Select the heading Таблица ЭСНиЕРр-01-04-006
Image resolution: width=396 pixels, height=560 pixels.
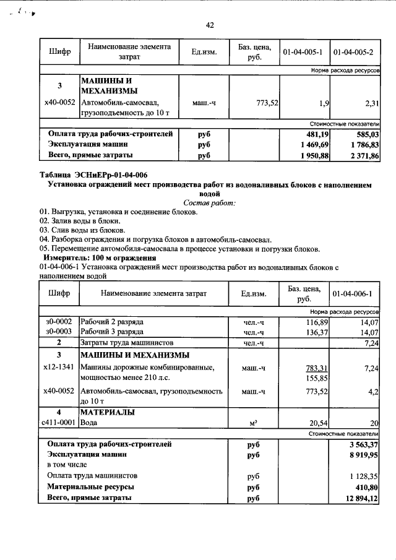pos(93,174)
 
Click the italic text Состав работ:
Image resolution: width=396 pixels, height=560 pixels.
pos(210,203)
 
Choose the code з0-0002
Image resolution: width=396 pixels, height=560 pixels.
pos(59,322)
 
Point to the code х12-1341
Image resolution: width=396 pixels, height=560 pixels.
pos(59,368)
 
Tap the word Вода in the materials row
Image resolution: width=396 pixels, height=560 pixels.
pos(90,423)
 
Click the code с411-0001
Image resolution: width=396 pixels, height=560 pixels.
pos(59,423)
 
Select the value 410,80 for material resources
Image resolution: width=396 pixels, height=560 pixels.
pos(364,487)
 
